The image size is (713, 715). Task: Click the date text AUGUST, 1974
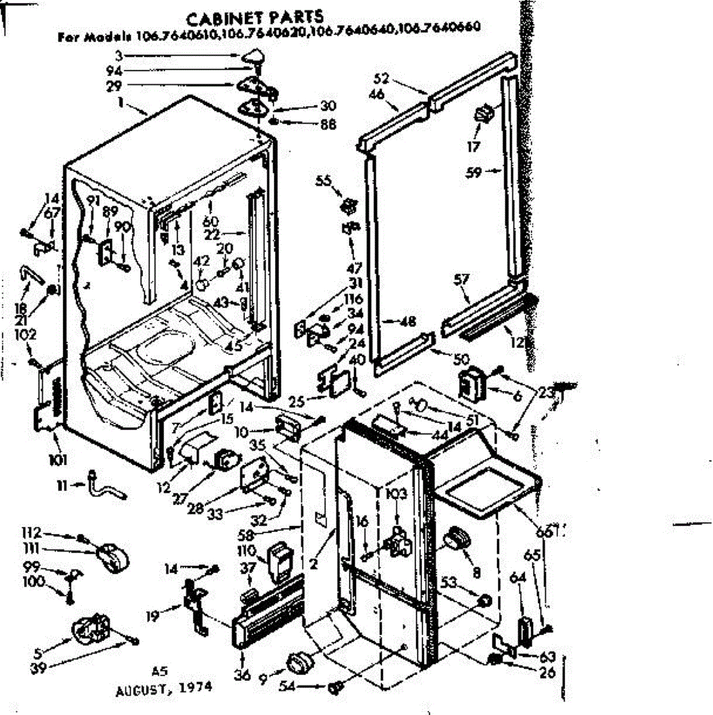tap(164, 688)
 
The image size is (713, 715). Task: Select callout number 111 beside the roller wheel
tap(32, 548)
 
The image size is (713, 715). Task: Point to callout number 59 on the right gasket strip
tap(475, 173)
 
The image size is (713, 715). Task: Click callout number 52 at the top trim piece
tap(382, 78)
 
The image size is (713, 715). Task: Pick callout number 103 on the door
tap(396, 493)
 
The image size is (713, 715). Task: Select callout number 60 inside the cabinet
tap(210, 221)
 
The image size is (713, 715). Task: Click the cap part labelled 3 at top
tap(255, 58)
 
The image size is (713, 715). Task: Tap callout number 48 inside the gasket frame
tap(408, 322)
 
